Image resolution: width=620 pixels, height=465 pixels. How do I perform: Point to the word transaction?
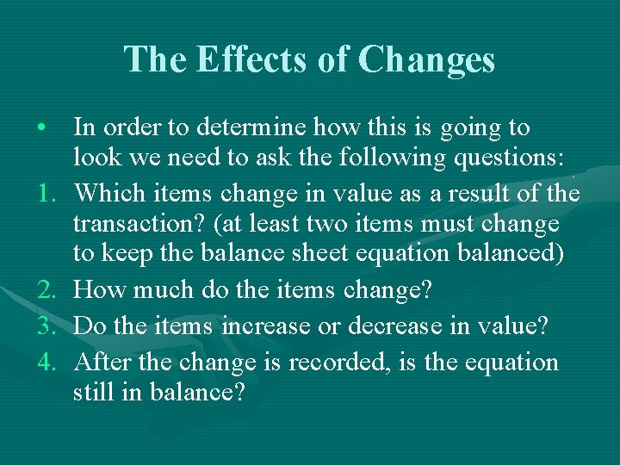tap(139, 226)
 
